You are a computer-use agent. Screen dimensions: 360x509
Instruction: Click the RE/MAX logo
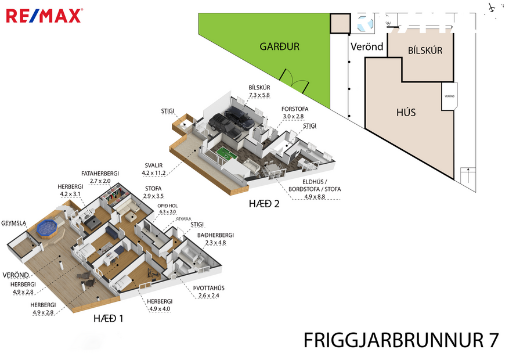pyautogui.click(x=44, y=16)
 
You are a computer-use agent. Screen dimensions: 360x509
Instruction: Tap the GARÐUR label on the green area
pyautogui.click(x=279, y=46)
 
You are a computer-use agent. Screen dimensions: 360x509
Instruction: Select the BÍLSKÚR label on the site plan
pyautogui.click(x=425, y=51)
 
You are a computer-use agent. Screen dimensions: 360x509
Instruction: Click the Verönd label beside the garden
pyautogui.click(x=367, y=46)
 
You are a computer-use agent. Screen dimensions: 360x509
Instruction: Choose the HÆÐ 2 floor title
pyautogui.click(x=261, y=203)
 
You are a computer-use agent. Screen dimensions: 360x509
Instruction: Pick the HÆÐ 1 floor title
pyautogui.click(x=109, y=318)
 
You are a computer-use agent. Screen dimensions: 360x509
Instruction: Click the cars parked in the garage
pyautogui.click(x=231, y=122)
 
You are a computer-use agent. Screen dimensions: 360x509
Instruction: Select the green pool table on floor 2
pyautogui.click(x=224, y=156)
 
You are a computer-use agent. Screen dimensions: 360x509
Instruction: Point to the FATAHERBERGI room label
pyautogui.click(x=100, y=173)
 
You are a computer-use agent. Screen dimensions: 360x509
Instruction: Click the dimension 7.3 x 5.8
pyautogui.click(x=259, y=95)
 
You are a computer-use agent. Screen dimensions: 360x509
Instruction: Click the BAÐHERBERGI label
pyautogui.click(x=215, y=235)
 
